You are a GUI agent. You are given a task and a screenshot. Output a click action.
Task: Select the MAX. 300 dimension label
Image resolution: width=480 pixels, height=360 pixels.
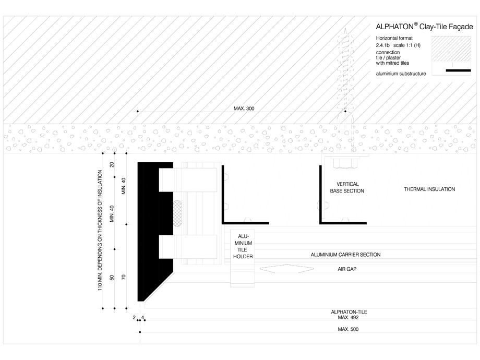(x=244, y=109)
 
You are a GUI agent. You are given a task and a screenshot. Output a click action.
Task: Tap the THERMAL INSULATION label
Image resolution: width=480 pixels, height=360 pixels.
(x=429, y=189)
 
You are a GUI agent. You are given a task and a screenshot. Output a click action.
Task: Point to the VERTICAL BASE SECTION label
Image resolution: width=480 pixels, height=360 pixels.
(x=347, y=188)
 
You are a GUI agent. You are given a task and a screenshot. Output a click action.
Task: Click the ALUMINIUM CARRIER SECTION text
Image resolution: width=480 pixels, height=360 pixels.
(x=345, y=255)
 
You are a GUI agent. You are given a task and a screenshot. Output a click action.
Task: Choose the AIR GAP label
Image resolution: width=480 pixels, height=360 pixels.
(x=345, y=269)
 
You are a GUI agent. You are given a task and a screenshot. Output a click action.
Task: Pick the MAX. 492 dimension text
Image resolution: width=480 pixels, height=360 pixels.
(x=345, y=317)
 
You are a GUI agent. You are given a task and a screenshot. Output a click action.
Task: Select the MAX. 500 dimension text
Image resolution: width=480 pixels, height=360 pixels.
(x=348, y=329)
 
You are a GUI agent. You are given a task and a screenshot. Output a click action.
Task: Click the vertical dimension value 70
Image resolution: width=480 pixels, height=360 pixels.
(x=124, y=277)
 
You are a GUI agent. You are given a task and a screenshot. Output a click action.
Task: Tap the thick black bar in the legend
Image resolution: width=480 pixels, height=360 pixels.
(x=462, y=70)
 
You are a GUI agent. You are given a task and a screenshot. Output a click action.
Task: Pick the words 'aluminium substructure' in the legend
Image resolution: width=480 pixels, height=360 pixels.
(x=401, y=74)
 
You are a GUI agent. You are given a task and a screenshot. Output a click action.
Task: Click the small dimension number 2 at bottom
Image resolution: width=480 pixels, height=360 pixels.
(x=135, y=317)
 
